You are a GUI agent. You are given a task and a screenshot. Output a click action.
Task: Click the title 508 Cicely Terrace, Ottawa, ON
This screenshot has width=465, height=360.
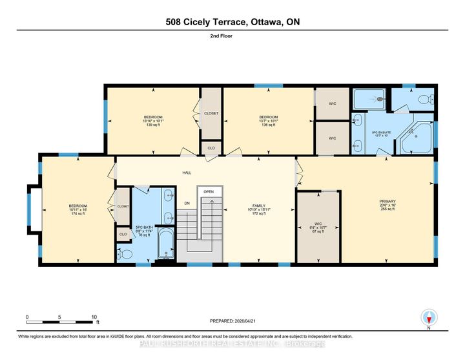point(232,22)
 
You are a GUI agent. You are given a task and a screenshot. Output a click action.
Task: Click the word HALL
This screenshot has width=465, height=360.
point(187,173)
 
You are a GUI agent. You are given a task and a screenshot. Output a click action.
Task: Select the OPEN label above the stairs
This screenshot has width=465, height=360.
point(208,192)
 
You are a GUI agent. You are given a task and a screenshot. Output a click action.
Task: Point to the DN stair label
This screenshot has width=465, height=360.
point(187,203)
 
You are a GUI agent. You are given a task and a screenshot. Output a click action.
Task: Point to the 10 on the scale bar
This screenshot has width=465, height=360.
point(94,317)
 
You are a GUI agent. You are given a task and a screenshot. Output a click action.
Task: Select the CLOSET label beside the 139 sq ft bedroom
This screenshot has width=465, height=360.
point(211,113)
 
